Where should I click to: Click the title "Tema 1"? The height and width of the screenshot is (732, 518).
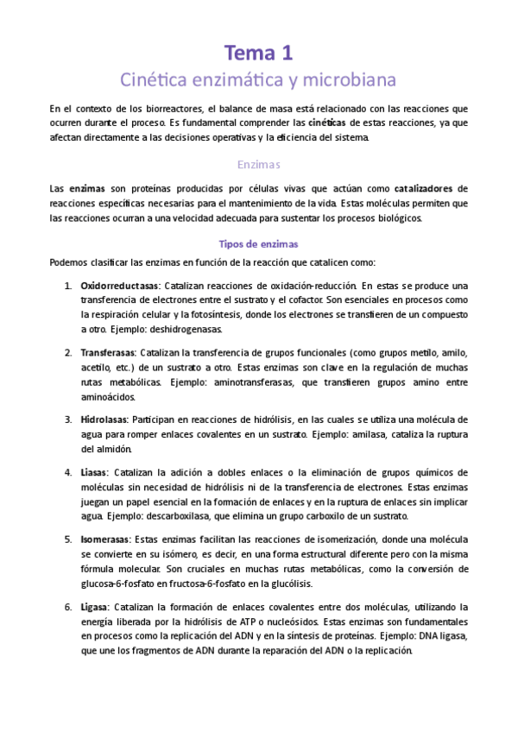click(x=259, y=53)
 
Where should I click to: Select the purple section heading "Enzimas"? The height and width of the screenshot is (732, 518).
click(x=259, y=164)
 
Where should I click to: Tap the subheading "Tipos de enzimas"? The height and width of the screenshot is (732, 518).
click(x=259, y=244)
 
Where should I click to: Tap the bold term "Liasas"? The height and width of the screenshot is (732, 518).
click(x=94, y=472)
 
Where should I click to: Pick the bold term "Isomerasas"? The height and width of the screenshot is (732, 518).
click(x=107, y=540)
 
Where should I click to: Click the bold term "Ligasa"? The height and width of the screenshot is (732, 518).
click(x=94, y=607)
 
